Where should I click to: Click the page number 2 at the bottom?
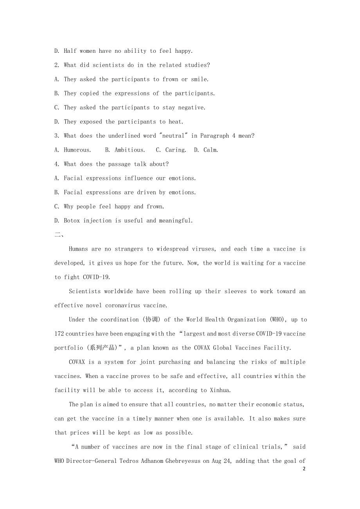(304, 469)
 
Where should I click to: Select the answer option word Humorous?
(77, 150)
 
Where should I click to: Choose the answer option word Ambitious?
(130, 150)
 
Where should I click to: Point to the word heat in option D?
(175, 122)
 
